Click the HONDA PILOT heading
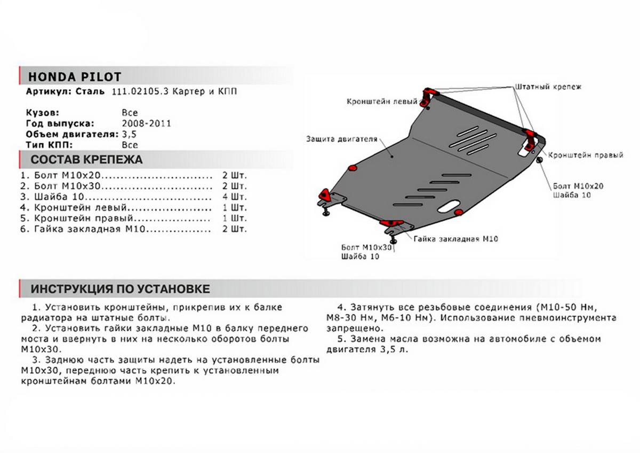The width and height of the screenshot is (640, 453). coord(74,76)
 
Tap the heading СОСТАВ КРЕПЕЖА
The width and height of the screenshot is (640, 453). coord(86,160)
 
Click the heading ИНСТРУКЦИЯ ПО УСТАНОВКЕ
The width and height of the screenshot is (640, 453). coord(120,289)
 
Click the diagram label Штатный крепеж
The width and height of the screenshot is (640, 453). coord(548,85)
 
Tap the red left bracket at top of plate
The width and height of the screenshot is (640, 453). coord(428,97)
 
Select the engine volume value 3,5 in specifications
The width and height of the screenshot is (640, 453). coord(129,134)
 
